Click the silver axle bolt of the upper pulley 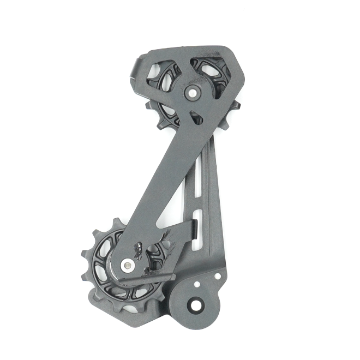click(193, 93)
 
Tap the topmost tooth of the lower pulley click(117, 222)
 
